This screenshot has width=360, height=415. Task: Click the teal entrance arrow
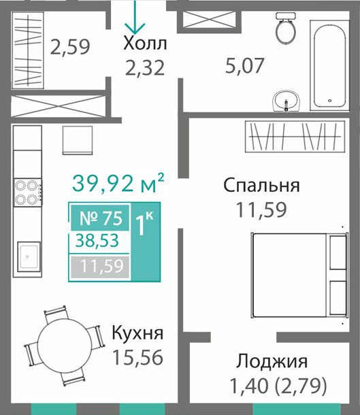[135, 17]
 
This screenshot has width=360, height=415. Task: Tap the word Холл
[145, 44]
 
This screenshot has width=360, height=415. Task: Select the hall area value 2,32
[145, 68]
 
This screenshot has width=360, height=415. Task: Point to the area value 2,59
[70, 47]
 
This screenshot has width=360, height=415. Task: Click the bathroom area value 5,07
[245, 65]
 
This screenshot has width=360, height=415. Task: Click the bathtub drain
[329, 101]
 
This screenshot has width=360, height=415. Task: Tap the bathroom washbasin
[287, 101]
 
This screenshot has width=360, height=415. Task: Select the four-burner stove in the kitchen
[28, 193]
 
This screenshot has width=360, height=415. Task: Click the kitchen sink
[29, 256]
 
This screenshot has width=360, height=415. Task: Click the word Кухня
[137, 333]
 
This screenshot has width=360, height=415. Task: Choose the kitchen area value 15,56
[137, 357]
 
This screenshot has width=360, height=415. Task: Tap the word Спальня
[261, 185]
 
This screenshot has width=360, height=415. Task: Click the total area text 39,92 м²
[118, 183]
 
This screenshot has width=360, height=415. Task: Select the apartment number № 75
[101, 218]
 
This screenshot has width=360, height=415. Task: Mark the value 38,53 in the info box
[97, 241]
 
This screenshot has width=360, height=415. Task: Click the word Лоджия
[272, 362]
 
